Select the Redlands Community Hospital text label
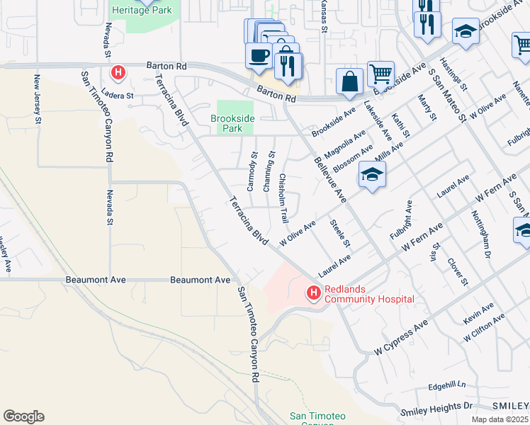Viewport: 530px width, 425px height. click(x=369, y=294)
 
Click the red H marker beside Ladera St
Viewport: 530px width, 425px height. click(x=118, y=72)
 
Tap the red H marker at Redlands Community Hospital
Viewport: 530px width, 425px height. click(x=312, y=292)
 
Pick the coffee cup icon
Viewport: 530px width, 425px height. click(x=259, y=55)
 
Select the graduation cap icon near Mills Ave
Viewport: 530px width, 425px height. click(x=372, y=174)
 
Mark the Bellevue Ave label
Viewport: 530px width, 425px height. click(x=329, y=181)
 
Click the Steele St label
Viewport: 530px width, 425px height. click(x=341, y=233)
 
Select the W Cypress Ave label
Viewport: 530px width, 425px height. click(x=402, y=336)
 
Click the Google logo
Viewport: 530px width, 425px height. click(x=23, y=416)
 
